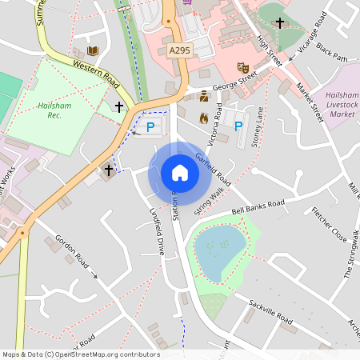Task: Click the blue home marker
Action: point(180,173)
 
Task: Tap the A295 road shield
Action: point(180,50)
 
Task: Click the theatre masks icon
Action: point(243,68)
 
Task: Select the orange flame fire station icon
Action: point(204,118)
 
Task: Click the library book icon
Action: point(93,51)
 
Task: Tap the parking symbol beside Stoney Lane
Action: point(238,125)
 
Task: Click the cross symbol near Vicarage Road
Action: point(279,22)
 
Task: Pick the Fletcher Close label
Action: point(329,226)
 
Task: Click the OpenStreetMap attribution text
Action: point(81,354)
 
